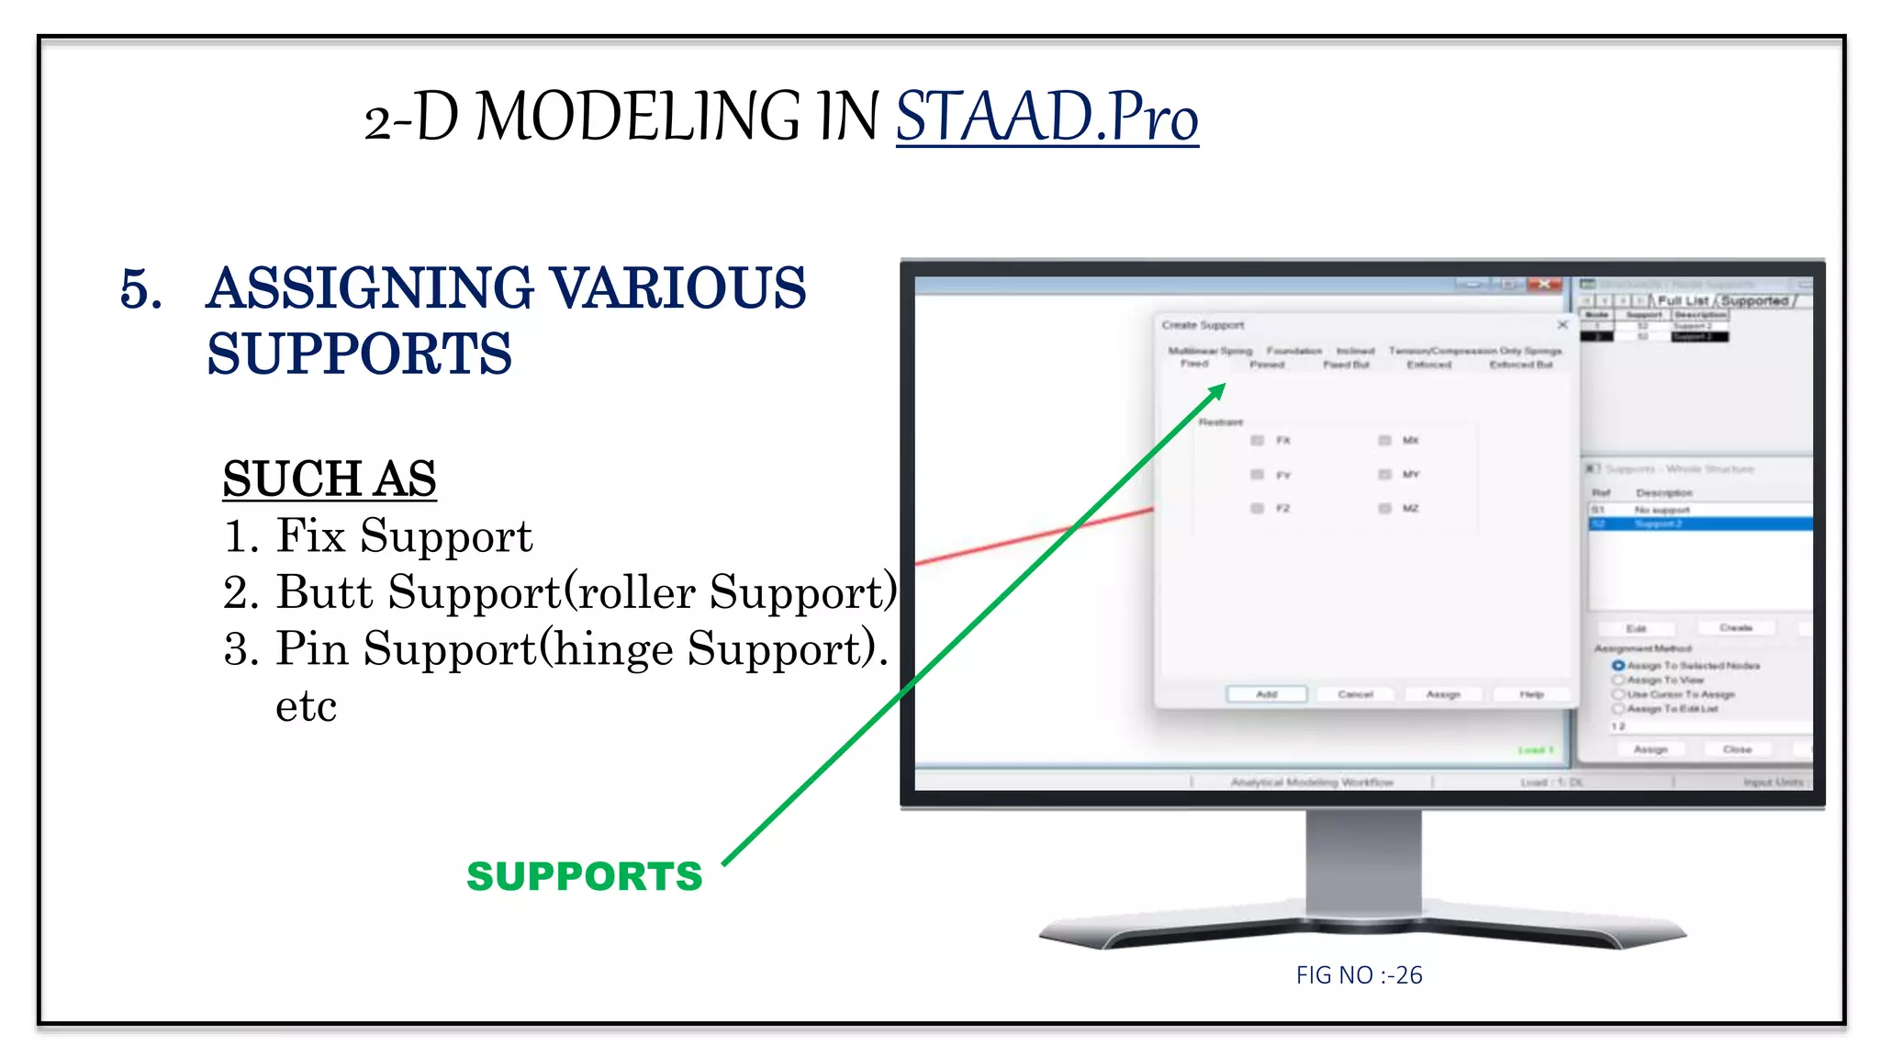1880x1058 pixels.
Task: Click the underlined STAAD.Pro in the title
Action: pyautogui.click(x=1046, y=118)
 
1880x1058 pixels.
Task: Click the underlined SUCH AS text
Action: pyautogui.click(x=329, y=479)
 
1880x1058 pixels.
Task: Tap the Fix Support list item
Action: pyautogui.click(x=404, y=536)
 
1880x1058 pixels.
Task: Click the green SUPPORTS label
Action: pyautogui.click(x=584, y=876)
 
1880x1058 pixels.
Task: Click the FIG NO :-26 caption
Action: pyautogui.click(x=1359, y=975)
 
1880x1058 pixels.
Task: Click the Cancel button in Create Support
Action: pyautogui.click(x=1355, y=694)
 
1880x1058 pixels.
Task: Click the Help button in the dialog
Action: pyautogui.click(x=1530, y=694)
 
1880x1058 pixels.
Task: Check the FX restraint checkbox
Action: pyautogui.click(x=1258, y=441)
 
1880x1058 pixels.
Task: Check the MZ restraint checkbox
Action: pyautogui.click(x=1384, y=509)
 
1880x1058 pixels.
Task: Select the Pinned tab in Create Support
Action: pyautogui.click(x=1267, y=365)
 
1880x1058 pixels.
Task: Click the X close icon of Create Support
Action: pyautogui.click(x=1562, y=325)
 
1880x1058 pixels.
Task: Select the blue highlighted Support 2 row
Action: pyautogui.click(x=1698, y=523)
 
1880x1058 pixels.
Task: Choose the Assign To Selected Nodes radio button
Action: pyautogui.click(x=1618, y=665)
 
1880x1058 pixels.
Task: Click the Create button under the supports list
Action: pyautogui.click(x=1735, y=628)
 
